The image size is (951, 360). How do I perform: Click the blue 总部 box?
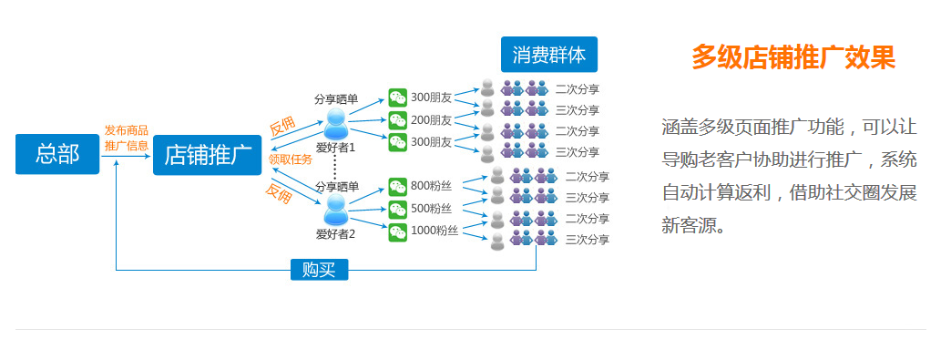pos(57,154)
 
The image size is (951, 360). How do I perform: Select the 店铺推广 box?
pos(207,154)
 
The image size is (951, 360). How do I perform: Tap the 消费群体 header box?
pos(548,55)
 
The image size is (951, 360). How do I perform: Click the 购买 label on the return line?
pos(319,270)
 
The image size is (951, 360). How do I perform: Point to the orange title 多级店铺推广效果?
pos(792,57)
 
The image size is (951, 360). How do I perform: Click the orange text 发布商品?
pos(126,130)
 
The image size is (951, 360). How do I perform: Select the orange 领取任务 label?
pos(290,159)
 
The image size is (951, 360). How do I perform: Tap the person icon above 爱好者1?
pos(335,122)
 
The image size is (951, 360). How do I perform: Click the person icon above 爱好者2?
pos(335,211)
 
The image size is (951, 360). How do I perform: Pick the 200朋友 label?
pos(431,119)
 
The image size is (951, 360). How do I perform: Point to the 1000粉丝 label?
pos(434,231)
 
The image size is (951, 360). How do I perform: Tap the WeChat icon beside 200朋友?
pos(397,119)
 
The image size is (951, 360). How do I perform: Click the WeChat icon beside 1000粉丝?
pos(397,231)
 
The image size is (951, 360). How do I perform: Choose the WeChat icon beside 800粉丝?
pos(397,186)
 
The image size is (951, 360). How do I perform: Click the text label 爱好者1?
pos(335,147)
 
